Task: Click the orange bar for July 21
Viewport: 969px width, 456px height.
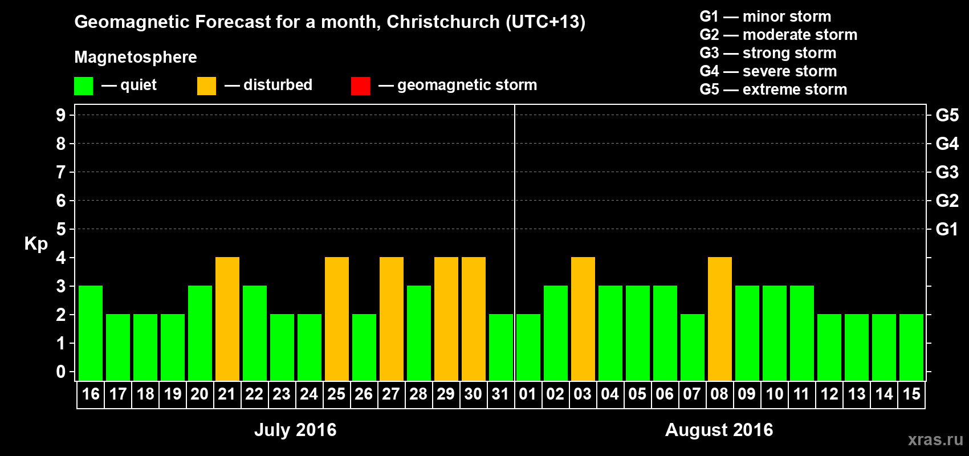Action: [x=227, y=319]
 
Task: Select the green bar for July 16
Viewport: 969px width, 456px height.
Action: [x=91, y=333]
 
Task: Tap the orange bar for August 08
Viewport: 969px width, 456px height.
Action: [x=720, y=319]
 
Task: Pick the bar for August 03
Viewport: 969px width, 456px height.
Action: [x=583, y=319]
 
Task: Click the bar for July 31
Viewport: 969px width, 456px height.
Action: [x=501, y=347]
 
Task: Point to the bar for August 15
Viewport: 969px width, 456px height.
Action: [x=911, y=347]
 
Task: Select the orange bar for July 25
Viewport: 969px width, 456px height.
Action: [x=337, y=319]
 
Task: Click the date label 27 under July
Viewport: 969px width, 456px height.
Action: [x=391, y=394]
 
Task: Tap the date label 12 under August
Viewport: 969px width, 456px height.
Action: [x=829, y=394]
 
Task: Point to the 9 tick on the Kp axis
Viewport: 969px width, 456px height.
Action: [x=61, y=115]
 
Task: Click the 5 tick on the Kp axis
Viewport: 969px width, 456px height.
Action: [x=61, y=229]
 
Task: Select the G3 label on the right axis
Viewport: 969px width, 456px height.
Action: [x=947, y=172]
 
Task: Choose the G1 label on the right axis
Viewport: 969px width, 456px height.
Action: [x=947, y=229]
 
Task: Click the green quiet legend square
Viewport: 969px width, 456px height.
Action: [x=83, y=86]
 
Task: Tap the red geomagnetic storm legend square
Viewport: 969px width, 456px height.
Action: [x=360, y=86]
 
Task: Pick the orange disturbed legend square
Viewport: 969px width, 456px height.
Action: [x=206, y=86]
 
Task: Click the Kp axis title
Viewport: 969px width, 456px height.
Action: [x=36, y=244]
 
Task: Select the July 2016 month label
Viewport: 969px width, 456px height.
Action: [x=295, y=430]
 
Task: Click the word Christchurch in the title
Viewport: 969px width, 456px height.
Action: [x=443, y=22]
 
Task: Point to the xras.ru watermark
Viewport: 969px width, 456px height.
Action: [x=935, y=439]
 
